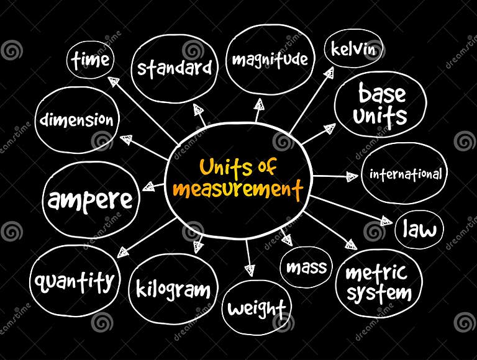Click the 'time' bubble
click(90, 61)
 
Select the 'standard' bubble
click(175, 67)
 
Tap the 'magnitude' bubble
click(270, 60)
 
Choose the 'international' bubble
click(406, 174)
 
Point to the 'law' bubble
click(420, 230)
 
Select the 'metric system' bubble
click(378, 282)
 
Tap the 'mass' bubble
click(306, 268)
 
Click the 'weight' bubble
click(257, 307)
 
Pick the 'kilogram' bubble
click(173, 290)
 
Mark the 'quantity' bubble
click(75, 282)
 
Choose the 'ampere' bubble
click(91, 200)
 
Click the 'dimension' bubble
click(76, 120)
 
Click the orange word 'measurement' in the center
click(238, 189)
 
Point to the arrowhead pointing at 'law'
click(385, 221)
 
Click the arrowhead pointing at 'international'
click(353, 177)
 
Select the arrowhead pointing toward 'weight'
click(250, 269)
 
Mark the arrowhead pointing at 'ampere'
click(148, 186)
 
